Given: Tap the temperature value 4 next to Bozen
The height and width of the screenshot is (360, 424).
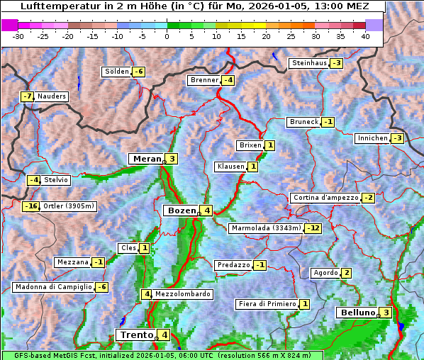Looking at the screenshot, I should coord(206,210).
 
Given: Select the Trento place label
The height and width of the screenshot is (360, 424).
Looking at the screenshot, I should coord(136,334).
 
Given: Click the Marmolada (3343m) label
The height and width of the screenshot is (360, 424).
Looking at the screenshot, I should coord(266,228).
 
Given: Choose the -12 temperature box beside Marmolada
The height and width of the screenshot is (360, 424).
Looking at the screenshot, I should coord(313,228).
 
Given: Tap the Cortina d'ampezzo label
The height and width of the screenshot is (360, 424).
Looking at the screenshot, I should coord(325,198).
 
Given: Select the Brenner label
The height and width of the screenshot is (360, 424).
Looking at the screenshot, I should coord(204,80).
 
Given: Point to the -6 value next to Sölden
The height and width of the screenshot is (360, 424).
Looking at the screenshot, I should coord(139,72).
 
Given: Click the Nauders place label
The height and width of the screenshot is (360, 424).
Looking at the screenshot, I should coord(52,96).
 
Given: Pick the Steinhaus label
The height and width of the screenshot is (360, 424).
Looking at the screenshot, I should coord(309,63).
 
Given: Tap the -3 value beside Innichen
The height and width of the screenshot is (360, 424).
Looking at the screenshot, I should coord(397,138).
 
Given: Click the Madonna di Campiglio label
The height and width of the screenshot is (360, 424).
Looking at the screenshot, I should coord(53,287).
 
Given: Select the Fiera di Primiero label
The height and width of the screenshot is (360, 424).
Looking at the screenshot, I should coord(267,304).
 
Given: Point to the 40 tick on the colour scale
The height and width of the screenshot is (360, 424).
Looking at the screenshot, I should coord(365,36).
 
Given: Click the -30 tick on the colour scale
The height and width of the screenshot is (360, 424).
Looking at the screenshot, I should coord(18,36).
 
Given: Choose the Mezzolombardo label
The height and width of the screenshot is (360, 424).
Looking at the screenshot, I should coord(182,294).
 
